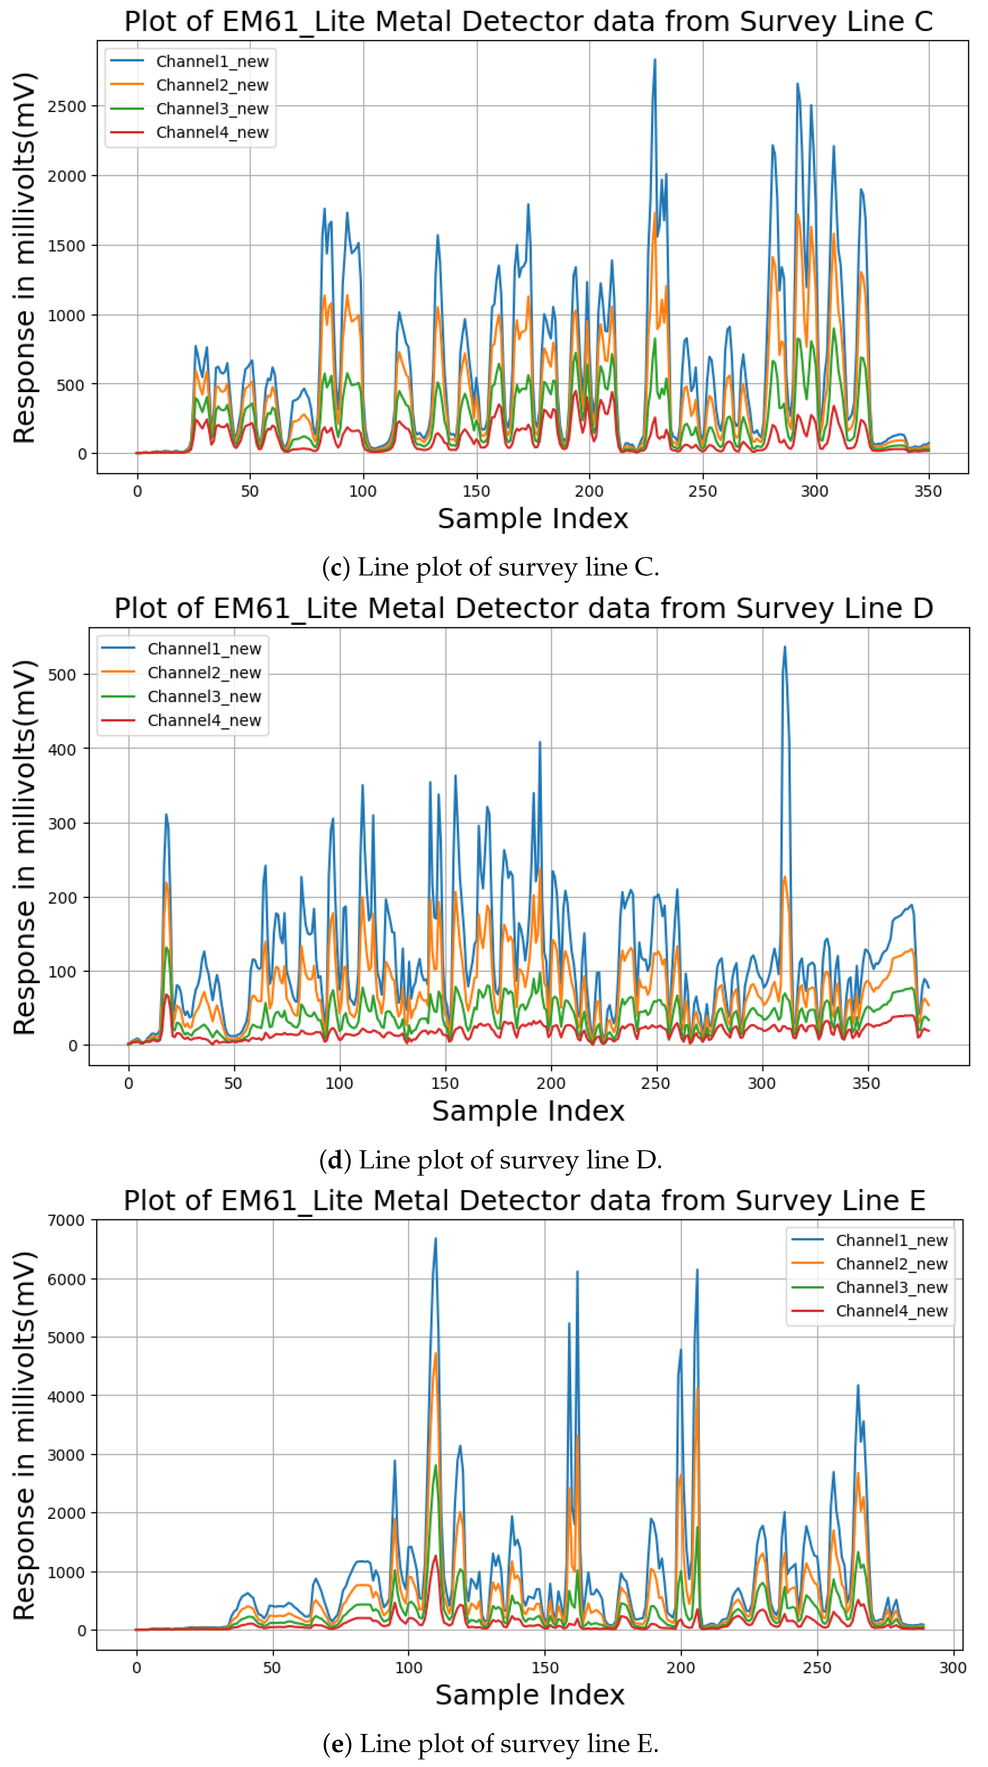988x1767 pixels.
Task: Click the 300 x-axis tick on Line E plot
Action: (x=952, y=1668)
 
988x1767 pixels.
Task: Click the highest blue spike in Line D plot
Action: (x=785, y=647)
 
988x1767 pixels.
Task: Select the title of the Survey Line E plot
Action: (x=525, y=1200)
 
